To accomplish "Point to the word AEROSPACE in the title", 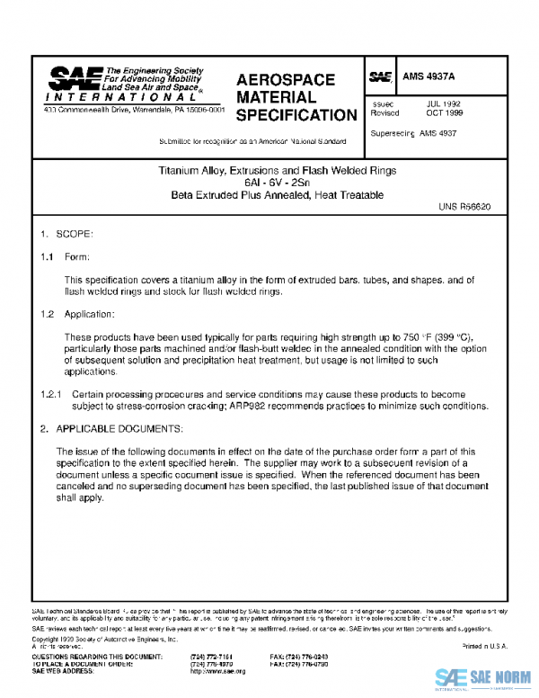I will tap(286, 80).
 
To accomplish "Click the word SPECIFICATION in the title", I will tap(296, 115).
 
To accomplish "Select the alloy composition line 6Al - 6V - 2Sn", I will tap(269, 183).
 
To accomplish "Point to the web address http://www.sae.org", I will tap(218, 671).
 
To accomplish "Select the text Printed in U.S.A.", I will tap(484, 647).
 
